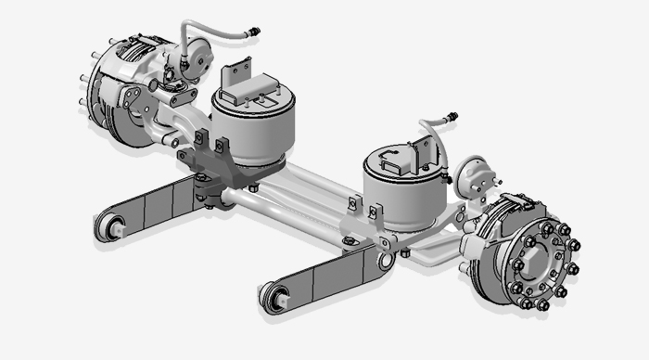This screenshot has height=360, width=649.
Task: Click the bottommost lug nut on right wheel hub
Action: click(x=543, y=306)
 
